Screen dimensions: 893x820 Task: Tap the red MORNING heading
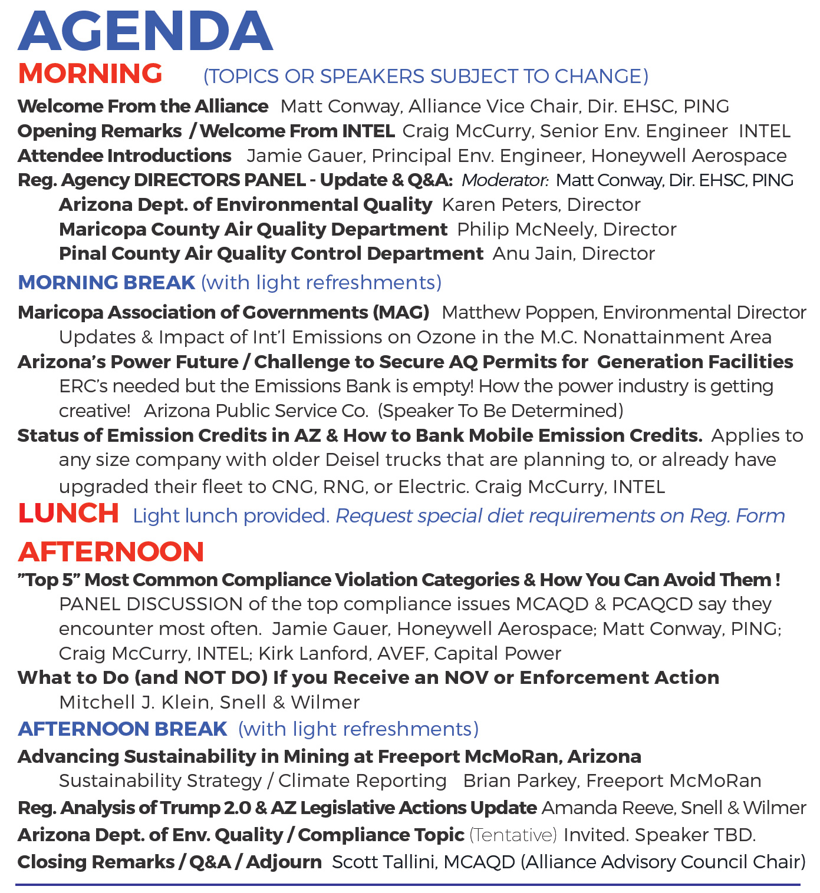90,74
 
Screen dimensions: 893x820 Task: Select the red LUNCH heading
68,514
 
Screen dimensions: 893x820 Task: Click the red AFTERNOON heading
111,552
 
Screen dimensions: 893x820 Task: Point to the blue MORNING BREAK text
106,283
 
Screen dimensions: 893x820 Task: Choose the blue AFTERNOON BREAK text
122,729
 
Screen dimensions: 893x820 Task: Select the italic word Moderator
504,180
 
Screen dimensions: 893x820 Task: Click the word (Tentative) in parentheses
513,835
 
